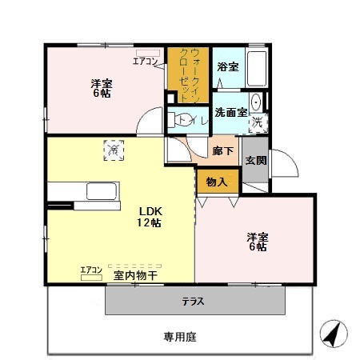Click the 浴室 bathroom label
click(227, 67)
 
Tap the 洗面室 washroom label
click(230, 113)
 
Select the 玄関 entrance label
click(256, 159)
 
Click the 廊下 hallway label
click(223, 150)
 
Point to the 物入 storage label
click(217, 181)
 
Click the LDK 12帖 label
click(149, 217)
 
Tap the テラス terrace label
click(192, 302)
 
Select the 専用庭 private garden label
click(180, 337)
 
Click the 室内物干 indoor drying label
click(135, 275)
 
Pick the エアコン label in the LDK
click(91, 270)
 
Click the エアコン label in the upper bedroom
click(145, 61)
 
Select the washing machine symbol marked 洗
click(258, 122)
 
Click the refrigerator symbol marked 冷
click(114, 149)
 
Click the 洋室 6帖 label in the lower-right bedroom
click(257, 242)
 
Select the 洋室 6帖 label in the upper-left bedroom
click(101, 87)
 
